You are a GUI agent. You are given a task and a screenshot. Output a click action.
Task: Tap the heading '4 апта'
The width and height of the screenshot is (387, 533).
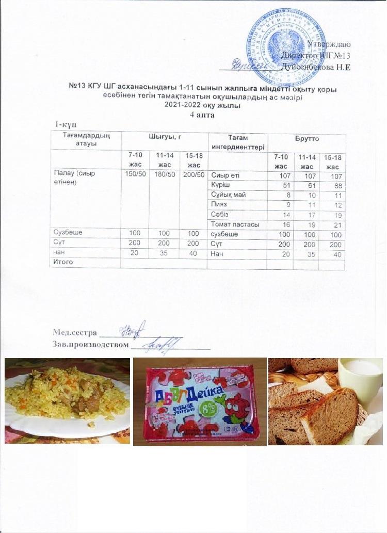point(202,115)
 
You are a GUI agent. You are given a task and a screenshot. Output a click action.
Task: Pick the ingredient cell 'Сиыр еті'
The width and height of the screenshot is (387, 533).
point(225,175)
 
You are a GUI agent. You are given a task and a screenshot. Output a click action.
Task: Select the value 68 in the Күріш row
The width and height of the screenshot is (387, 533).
point(338,185)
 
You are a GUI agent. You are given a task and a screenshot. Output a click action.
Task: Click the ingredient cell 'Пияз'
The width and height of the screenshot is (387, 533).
point(220,204)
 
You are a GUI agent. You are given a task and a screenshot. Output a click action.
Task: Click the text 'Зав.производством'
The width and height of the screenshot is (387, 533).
point(90,344)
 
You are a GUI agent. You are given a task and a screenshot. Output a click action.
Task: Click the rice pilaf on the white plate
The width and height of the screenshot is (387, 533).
point(67,397)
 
